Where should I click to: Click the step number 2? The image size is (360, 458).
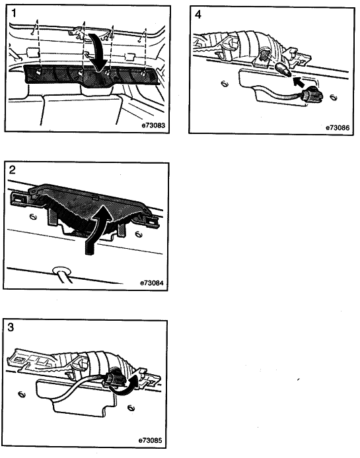(x=13, y=170)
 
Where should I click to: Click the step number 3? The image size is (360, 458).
(x=11, y=327)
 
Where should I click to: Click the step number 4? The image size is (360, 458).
(x=198, y=15)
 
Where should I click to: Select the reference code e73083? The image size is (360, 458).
(x=153, y=125)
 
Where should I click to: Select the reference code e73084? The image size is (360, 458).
(x=152, y=283)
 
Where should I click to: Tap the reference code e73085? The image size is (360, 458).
(x=150, y=440)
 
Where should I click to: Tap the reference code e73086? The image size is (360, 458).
(x=338, y=127)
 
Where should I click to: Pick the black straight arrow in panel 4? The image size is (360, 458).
(x=298, y=81)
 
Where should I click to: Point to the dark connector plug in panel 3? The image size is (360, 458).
(x=114, y=380)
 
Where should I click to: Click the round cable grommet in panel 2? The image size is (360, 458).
(x=61, y=270)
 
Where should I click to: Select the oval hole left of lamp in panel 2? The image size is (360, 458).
(x=32, y=216)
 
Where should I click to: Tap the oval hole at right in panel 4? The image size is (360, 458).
(x=333, y=97)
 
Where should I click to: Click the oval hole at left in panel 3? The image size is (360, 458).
(x=22, y=395)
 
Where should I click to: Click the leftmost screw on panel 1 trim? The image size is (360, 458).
(x=38, y=71)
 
